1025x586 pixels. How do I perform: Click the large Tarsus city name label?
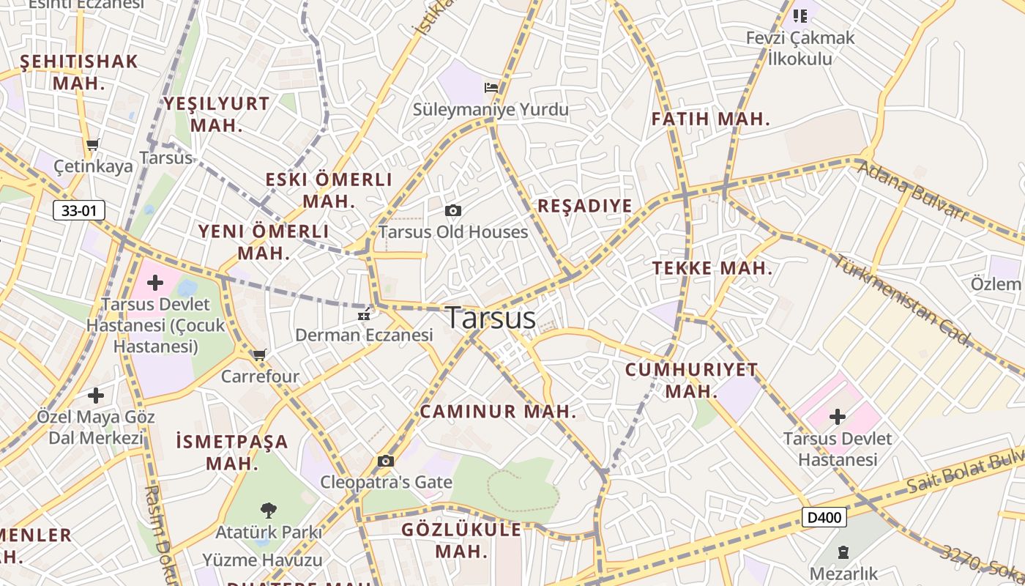(x=491, y=318)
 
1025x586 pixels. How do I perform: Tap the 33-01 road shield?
(x=79, y=211)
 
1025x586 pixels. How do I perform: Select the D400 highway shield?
(x=824, y=518)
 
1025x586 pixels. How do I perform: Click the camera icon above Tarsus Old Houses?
(x=453, y=211)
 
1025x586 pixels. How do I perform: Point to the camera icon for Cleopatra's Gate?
(x=386, y=461)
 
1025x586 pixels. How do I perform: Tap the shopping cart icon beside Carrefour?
(x=259, y=355)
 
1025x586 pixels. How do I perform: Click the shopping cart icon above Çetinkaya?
(x=92, y=144)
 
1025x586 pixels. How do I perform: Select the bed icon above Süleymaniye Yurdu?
(x=491, y=88)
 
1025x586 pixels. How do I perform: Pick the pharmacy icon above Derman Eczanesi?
(x=363, y=316)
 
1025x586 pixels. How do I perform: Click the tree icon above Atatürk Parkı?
(x=269, y=509)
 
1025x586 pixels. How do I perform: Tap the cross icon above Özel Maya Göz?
(x=96, y=396)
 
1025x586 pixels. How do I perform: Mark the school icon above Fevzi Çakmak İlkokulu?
(x=799, y=15)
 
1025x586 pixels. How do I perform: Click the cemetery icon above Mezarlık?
(x=843, y=551)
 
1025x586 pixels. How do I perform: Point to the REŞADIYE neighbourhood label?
(x=584, y=206)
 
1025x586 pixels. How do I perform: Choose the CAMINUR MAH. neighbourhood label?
(x=498, y=412)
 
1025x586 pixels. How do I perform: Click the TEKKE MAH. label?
(x=712, y=268)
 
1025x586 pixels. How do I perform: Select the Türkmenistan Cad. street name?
(x=905, y=300)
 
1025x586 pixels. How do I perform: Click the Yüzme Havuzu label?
(x=262, y=560)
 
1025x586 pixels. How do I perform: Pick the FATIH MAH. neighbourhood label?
(x=710, y=119)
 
